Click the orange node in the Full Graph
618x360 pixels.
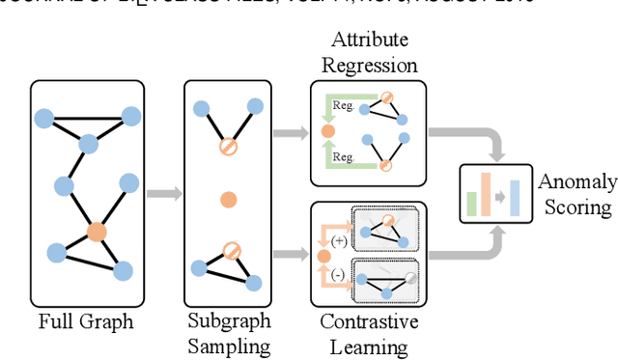[x=96, y=232]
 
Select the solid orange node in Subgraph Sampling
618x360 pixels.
[x=228, y=200]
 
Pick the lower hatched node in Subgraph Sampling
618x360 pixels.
[x=232, y=251]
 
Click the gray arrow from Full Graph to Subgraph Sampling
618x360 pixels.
[x=163, y=193]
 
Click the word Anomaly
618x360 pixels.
[x=576, y=182]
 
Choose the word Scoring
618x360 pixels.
[x=576, y=206]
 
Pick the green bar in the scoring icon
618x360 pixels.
[x=472, y=202]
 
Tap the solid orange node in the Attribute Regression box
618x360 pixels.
[x=327, y=130]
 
